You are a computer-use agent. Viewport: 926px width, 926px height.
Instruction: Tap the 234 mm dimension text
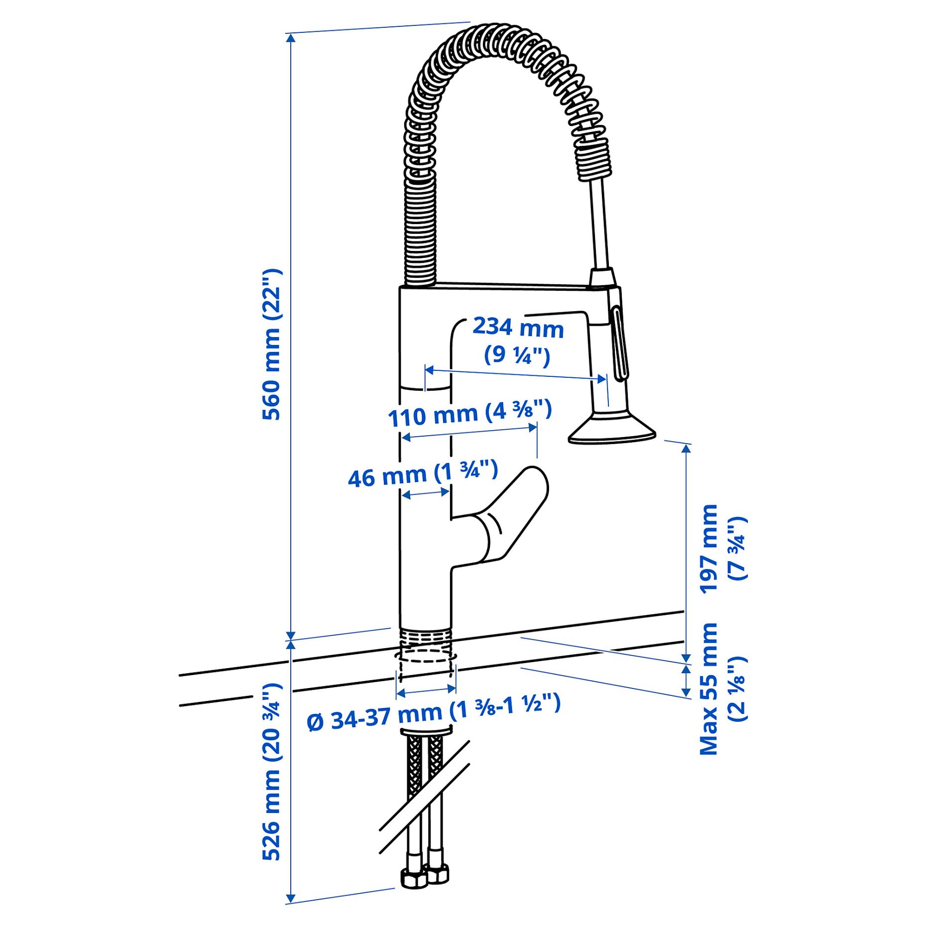tap(518, 328)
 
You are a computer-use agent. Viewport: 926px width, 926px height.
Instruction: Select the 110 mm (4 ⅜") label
tap(470, 413)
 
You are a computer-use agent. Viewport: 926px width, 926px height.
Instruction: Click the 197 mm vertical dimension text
tap(709, 549)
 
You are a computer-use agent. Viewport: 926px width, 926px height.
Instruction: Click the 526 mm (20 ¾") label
tap(272, 772)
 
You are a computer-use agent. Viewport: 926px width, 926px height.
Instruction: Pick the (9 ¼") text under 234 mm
tap(517, 355)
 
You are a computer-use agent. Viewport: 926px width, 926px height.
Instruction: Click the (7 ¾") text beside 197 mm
tap(737, 548)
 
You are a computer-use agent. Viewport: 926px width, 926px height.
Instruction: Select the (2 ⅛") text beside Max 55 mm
tap(737, 689)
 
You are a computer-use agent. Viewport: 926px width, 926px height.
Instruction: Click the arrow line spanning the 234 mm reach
tap(515, 374)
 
